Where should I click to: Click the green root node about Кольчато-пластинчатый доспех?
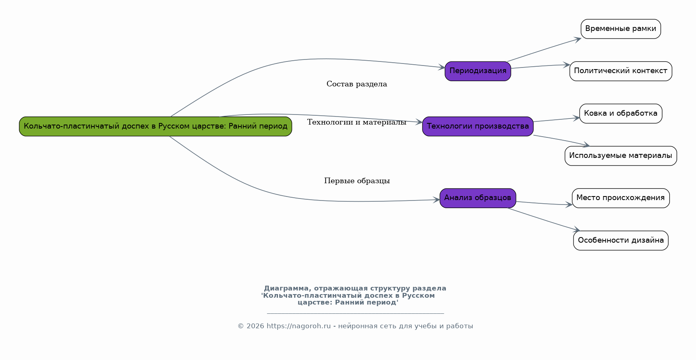click(155, 126)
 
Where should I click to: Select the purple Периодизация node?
click(478, 71)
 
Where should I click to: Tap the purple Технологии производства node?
click(478, 126)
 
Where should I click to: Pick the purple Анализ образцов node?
click(478, 198)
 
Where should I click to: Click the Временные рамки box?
click(621, 29)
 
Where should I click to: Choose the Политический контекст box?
click(621, 71)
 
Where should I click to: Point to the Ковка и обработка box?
click(621, 113)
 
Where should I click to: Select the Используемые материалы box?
click(621, 155)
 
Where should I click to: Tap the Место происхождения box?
click(621, 198)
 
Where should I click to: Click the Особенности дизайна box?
click(621, 240)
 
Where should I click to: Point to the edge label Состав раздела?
click(357, 84)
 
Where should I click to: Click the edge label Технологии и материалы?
click(357, 122)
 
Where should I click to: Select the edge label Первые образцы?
click(357, 181)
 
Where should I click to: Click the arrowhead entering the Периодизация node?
click(442, 67)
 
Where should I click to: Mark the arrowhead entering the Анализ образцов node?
click(437, 200)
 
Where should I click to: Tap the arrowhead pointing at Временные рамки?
click(578, 39)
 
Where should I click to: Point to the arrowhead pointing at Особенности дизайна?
click(576, 230)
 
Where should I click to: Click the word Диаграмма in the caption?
click(286, 288)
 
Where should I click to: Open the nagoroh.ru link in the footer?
click(298, 326)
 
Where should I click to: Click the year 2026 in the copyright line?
click(255, 326)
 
